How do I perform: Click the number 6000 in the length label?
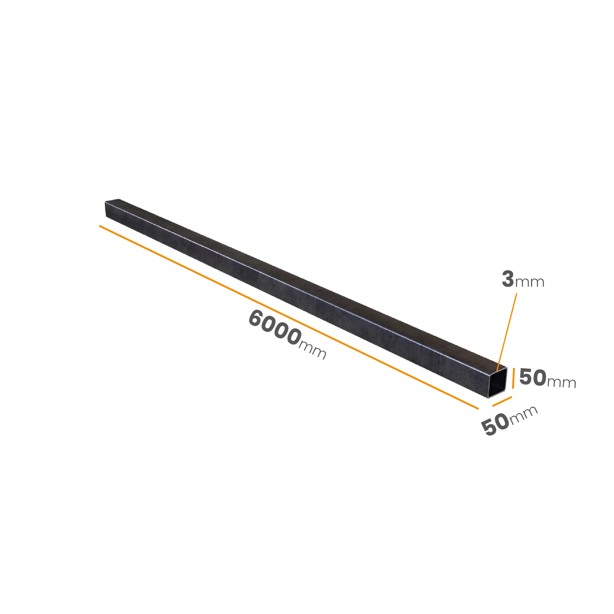275,328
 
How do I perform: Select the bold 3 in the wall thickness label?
508,279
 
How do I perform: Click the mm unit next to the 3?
530,282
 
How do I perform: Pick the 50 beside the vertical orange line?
533,377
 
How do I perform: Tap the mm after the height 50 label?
562,382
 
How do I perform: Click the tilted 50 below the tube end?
495,425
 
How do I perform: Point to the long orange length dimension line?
289,317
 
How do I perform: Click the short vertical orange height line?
513,378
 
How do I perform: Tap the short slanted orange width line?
502,401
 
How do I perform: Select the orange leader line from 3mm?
507,332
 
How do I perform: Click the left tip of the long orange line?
99,226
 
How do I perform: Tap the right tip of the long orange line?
478,409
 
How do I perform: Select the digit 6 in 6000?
255,318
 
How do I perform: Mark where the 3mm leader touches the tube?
497,371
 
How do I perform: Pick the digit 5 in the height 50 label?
526,377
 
